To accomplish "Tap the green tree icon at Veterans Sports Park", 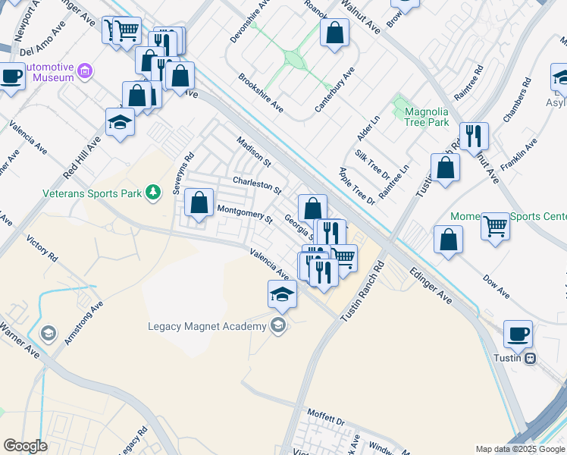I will click(x=154, y=193).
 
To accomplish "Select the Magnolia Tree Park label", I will click(x=427, y=117).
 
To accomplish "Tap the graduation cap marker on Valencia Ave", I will click(x=282, y=294).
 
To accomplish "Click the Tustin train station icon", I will click(x=531, y=358).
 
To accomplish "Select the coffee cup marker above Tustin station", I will click(x=518, y=334).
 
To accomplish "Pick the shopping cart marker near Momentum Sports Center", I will click(x=495, y=225).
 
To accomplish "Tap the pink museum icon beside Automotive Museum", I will click(x=85, y=72).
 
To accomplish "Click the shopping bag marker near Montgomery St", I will click(x=199, y=203).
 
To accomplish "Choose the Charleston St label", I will click(x=257, y=184).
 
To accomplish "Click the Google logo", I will click(x=25, y=446).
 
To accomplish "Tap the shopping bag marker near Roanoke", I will click(x=334, y=33).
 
